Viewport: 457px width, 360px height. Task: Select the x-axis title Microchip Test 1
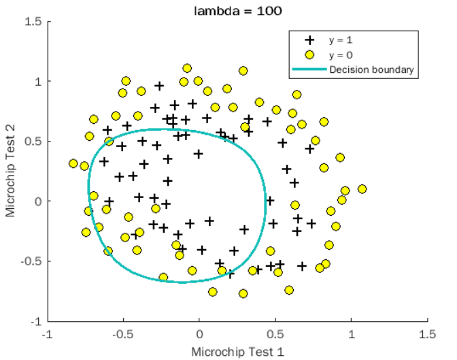point(237,351)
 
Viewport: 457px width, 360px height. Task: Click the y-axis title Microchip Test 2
point(10,171)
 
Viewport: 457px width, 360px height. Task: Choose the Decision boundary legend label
point(371,69)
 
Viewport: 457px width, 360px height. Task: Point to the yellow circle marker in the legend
point(309,54)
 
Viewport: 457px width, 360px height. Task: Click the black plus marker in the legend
point(309,40)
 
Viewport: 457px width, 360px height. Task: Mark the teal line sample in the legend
point(309,69)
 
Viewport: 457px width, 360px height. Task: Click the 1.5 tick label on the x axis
point(427,334)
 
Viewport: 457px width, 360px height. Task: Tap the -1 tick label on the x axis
point(46,334)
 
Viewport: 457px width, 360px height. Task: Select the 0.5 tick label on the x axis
point(275,334)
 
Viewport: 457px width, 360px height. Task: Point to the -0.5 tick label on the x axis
point(122,334)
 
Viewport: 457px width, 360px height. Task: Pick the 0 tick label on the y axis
point(38,201)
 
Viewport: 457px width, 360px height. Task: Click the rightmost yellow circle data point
point(362,189)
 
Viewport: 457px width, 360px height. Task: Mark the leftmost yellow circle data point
point(73,163)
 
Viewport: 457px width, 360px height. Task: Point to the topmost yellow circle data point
point(187,69)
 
